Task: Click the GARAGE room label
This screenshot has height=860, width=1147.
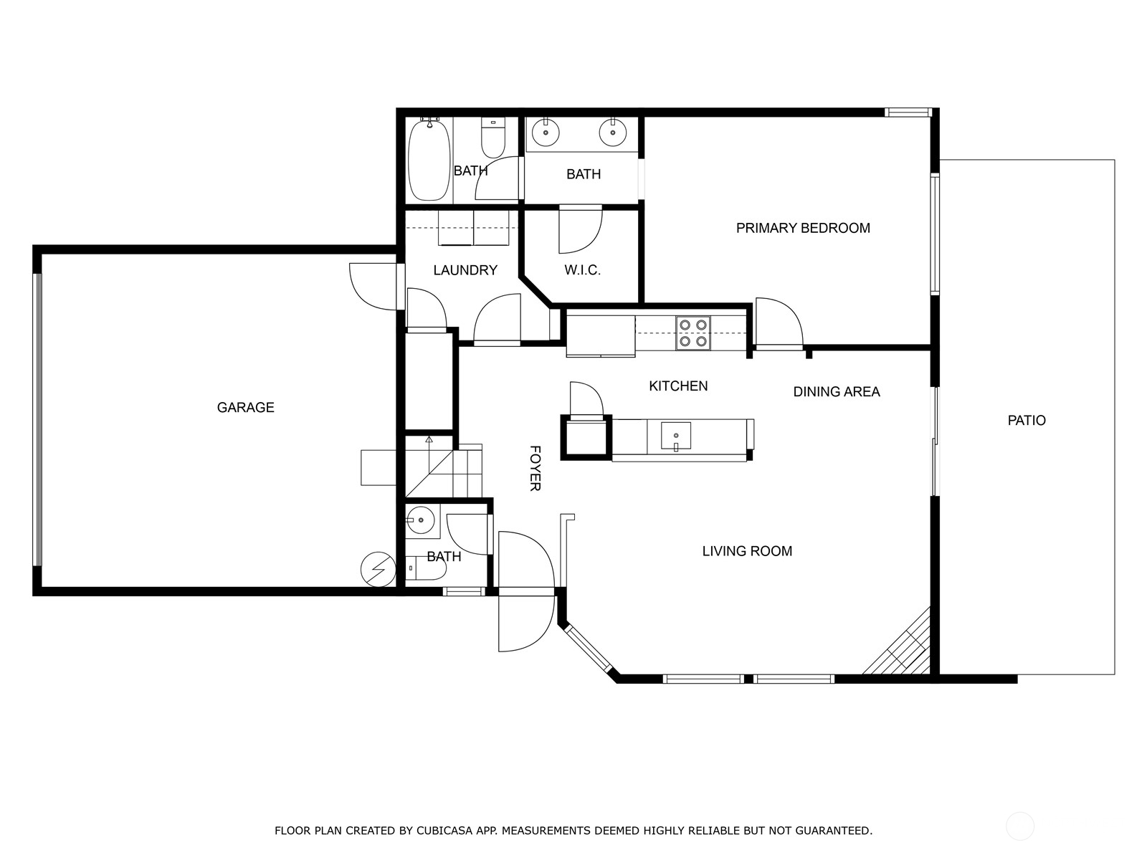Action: (x=245, y=407)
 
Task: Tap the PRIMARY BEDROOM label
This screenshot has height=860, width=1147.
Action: (x=803, y=228)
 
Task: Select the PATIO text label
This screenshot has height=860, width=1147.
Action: (x=1027, y=421)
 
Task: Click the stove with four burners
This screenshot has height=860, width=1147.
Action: (x=693, y=333)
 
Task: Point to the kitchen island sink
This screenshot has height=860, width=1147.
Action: (x=675, y=436)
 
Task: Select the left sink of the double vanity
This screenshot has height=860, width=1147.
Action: (x=546, y=133)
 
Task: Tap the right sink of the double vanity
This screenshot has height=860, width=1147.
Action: (x=612, y=133)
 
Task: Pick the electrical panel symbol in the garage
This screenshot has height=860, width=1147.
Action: (x=378, y=570)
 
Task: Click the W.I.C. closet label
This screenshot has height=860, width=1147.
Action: (x=582, y=270)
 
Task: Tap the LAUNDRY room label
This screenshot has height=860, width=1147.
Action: (x=465, y=270)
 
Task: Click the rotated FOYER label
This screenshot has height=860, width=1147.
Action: (x=535, y=468)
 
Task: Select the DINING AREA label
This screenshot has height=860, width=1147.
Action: (x=836, y=392)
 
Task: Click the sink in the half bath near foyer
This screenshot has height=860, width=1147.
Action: (x=422, y=520)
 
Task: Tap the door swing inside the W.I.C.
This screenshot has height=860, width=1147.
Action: (x=581, y=229)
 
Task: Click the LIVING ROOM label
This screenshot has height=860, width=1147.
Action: (x=747, y=551)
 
